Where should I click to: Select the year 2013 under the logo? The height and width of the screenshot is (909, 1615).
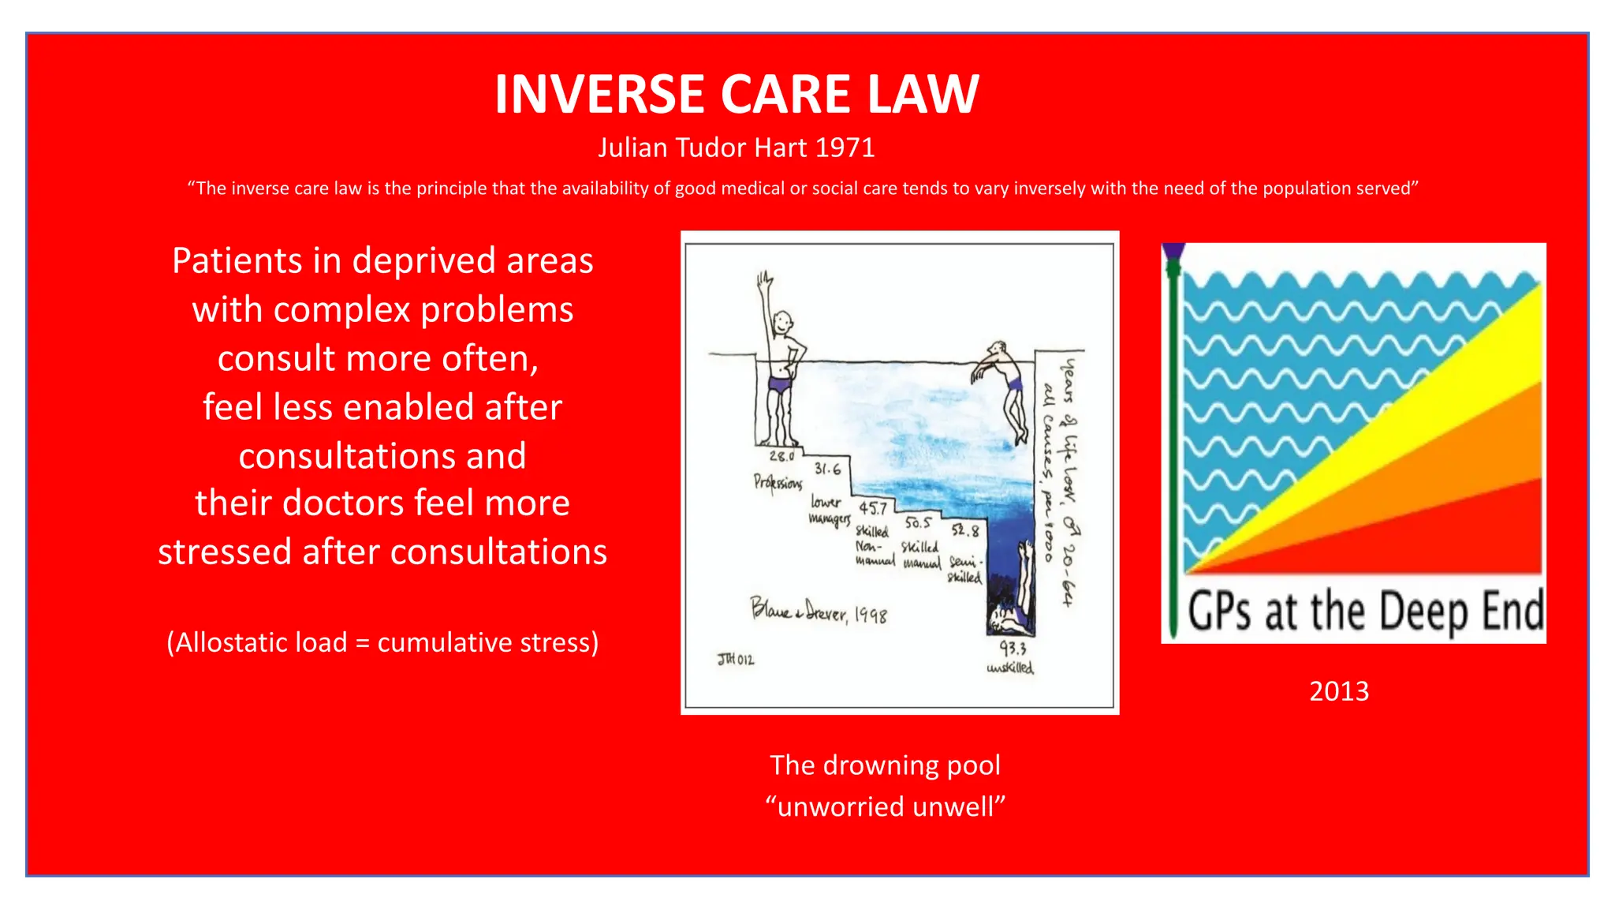click(x=1339, y=691)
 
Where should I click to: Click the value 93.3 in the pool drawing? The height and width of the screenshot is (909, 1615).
click(x=1013, y=649)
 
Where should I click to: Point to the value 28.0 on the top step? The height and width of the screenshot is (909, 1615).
click(x=781, y=456)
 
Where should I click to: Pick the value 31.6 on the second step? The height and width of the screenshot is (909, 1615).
click(x=827, y=469)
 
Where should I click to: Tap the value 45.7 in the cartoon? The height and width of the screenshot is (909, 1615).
click(x=873, y=509)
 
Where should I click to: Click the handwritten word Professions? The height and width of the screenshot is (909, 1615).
click(x=778, y=481)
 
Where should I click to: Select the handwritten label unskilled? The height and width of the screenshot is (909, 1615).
click(x=1010, y=668)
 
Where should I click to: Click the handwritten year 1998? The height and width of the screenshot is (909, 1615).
click(x=871, y=615)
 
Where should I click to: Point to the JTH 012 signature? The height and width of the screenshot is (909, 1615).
click(x=735, y=659)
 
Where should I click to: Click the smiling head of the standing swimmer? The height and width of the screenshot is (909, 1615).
click(x=781, y=323)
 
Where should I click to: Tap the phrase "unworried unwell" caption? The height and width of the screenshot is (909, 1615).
click(x=886, y=806)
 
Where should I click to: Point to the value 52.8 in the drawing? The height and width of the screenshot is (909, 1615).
click(x=964, y=530)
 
